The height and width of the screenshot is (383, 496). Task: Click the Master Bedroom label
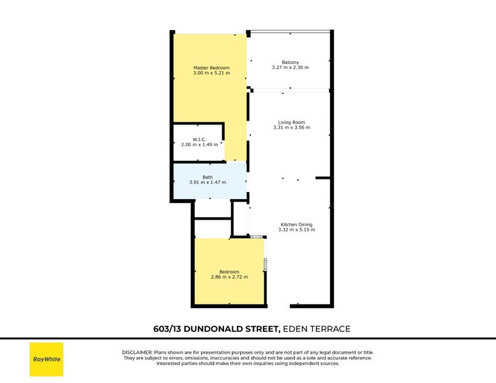coord(211,68)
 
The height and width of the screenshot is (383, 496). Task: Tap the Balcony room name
coord(290,63)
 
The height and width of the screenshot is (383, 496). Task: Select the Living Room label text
coord(291,123)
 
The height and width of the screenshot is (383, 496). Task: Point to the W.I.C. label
coord(199,139)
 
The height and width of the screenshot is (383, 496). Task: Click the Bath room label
coord(207,177)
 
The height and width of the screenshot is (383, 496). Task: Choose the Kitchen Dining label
coord(296,224)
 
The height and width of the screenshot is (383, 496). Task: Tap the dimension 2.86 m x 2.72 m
coord(229,277)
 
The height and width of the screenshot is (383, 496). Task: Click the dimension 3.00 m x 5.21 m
coord(211,73)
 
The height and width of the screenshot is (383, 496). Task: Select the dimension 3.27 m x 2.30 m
coord(290,68)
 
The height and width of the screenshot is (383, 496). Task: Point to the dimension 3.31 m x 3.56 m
coord(291,128)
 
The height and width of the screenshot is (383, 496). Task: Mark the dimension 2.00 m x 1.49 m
coord(199,144)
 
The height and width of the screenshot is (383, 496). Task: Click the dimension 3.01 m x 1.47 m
coord(207,183)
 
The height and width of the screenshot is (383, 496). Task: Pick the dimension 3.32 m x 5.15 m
coord(296,229)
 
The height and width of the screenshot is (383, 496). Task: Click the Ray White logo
coord(47,359)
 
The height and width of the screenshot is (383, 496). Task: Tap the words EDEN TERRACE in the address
coord(317,329)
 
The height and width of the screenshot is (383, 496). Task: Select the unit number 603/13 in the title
coord(168,329)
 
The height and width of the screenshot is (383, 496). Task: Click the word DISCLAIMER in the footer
coord(137,352)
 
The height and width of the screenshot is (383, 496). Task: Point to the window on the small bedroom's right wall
coord(266,264)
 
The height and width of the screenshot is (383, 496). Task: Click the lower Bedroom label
coord(229,272)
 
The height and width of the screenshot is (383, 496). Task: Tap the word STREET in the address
coord(262,329)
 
